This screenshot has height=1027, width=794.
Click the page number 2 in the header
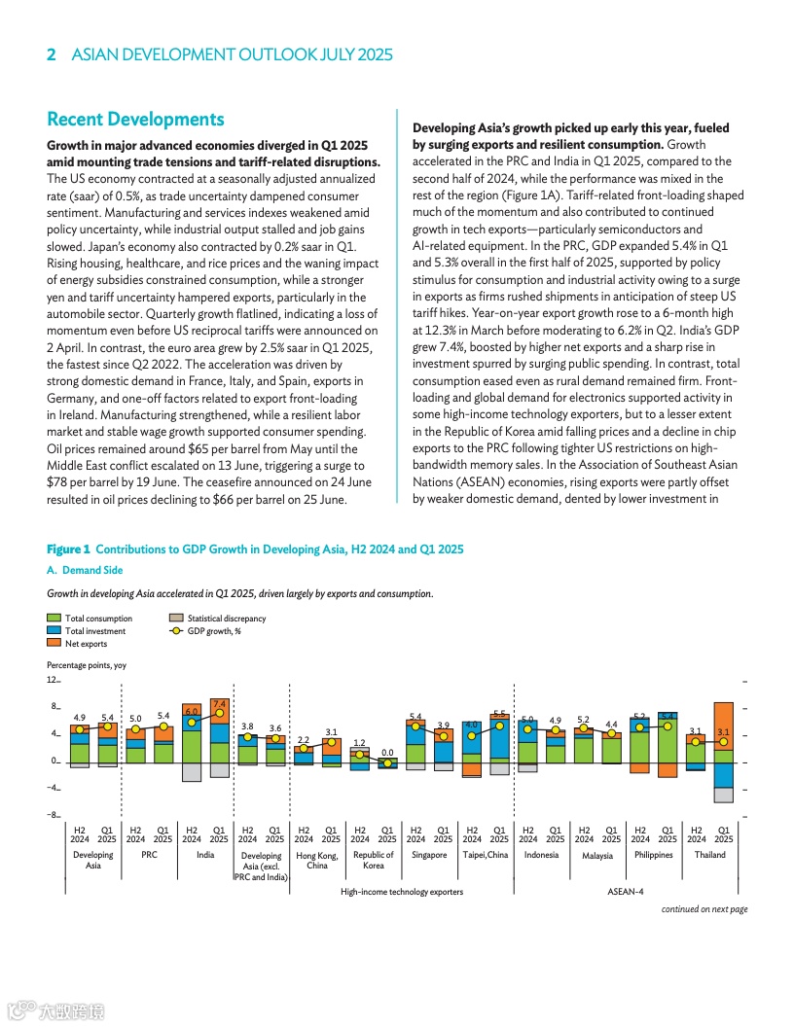click(x=52, y=55)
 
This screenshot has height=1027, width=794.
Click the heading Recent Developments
click(x=135, y=120)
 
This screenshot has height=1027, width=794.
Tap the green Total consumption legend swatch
click(x=54, y=618)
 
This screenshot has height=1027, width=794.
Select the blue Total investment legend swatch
click(x=54, y=630)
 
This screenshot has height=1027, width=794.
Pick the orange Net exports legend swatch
click(x=54, y=644)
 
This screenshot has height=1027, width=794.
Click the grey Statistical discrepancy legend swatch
click(x=176, y=618)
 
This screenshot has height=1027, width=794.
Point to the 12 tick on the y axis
click(x=54, y=681)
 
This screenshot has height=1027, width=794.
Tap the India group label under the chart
click(x=205, y=855)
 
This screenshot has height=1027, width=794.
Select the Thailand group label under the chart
click(x=710, y=855)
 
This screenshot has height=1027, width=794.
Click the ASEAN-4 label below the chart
click(x=626, y=891)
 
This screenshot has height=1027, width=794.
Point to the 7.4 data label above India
click(x=220, y=703)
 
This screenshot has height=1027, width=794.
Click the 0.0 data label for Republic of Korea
click(x=387, y=752)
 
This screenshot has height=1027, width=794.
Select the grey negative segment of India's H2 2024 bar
click(x=192, y=772)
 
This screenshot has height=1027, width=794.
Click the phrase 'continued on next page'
click(x=704, y=909)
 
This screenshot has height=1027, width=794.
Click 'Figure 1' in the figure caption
click(x=68, y=549)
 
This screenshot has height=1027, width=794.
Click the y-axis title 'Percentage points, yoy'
click(x=87, y=665)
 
